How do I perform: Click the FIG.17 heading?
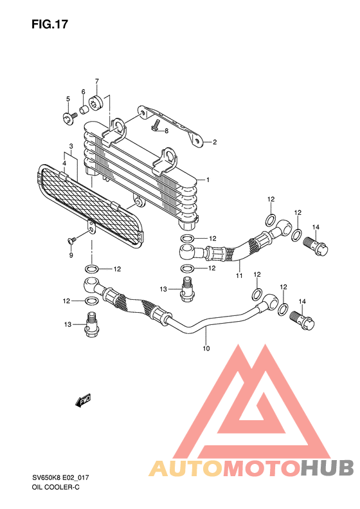pos(50,24)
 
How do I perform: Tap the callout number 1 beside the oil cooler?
pos(208,180)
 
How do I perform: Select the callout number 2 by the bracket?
pos(214,142)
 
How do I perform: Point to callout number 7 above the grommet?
pos(96,81)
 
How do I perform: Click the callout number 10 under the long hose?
pos(206,349)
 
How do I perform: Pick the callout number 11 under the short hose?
pos(239,275)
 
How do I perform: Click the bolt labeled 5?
pos(69,118)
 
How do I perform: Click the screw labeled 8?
pos(156,125)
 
